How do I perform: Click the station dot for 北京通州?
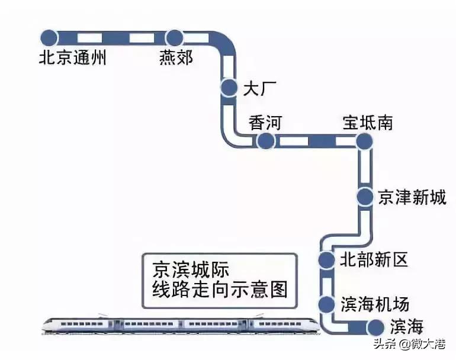49,37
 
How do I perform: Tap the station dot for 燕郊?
175,38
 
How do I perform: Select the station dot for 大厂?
229,88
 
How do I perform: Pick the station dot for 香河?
265,141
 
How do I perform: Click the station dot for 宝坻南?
364,141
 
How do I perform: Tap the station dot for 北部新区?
327,259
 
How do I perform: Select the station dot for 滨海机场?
327,304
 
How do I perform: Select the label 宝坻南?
368,123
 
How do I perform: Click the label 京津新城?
412,197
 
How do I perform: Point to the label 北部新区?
374,259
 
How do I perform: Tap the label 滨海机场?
374,304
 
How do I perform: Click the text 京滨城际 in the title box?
187,269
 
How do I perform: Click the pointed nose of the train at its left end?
44,324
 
